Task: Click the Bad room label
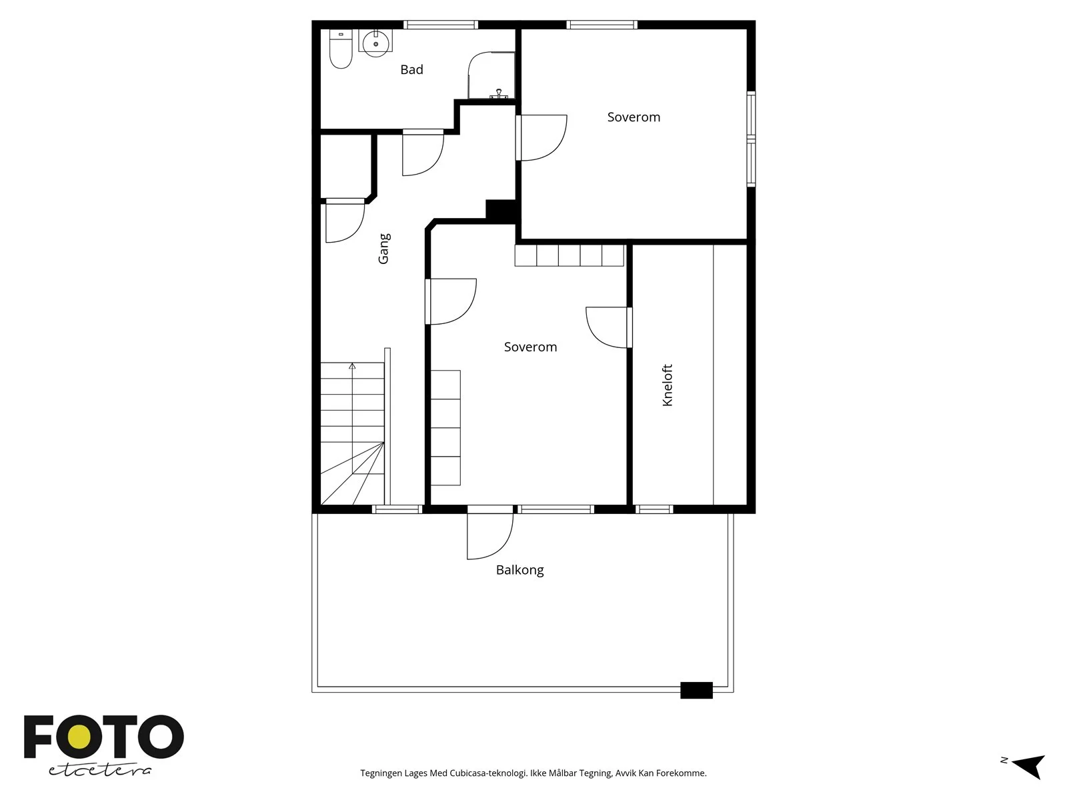tap(411, 70)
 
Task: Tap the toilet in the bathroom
tap(341, 49)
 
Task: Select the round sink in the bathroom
tap(375, 43)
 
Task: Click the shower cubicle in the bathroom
tap(491, 75)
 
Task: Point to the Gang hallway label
tap(384, 249)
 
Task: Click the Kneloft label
tap(668, 385)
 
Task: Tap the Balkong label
tap(519, 570)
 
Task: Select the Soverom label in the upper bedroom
tap(634, 117)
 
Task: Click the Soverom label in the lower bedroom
tap(530, 347)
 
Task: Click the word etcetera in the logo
tap(100, 771)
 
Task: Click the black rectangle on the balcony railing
tap(696, 690)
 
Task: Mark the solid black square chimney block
tap(501, 212)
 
